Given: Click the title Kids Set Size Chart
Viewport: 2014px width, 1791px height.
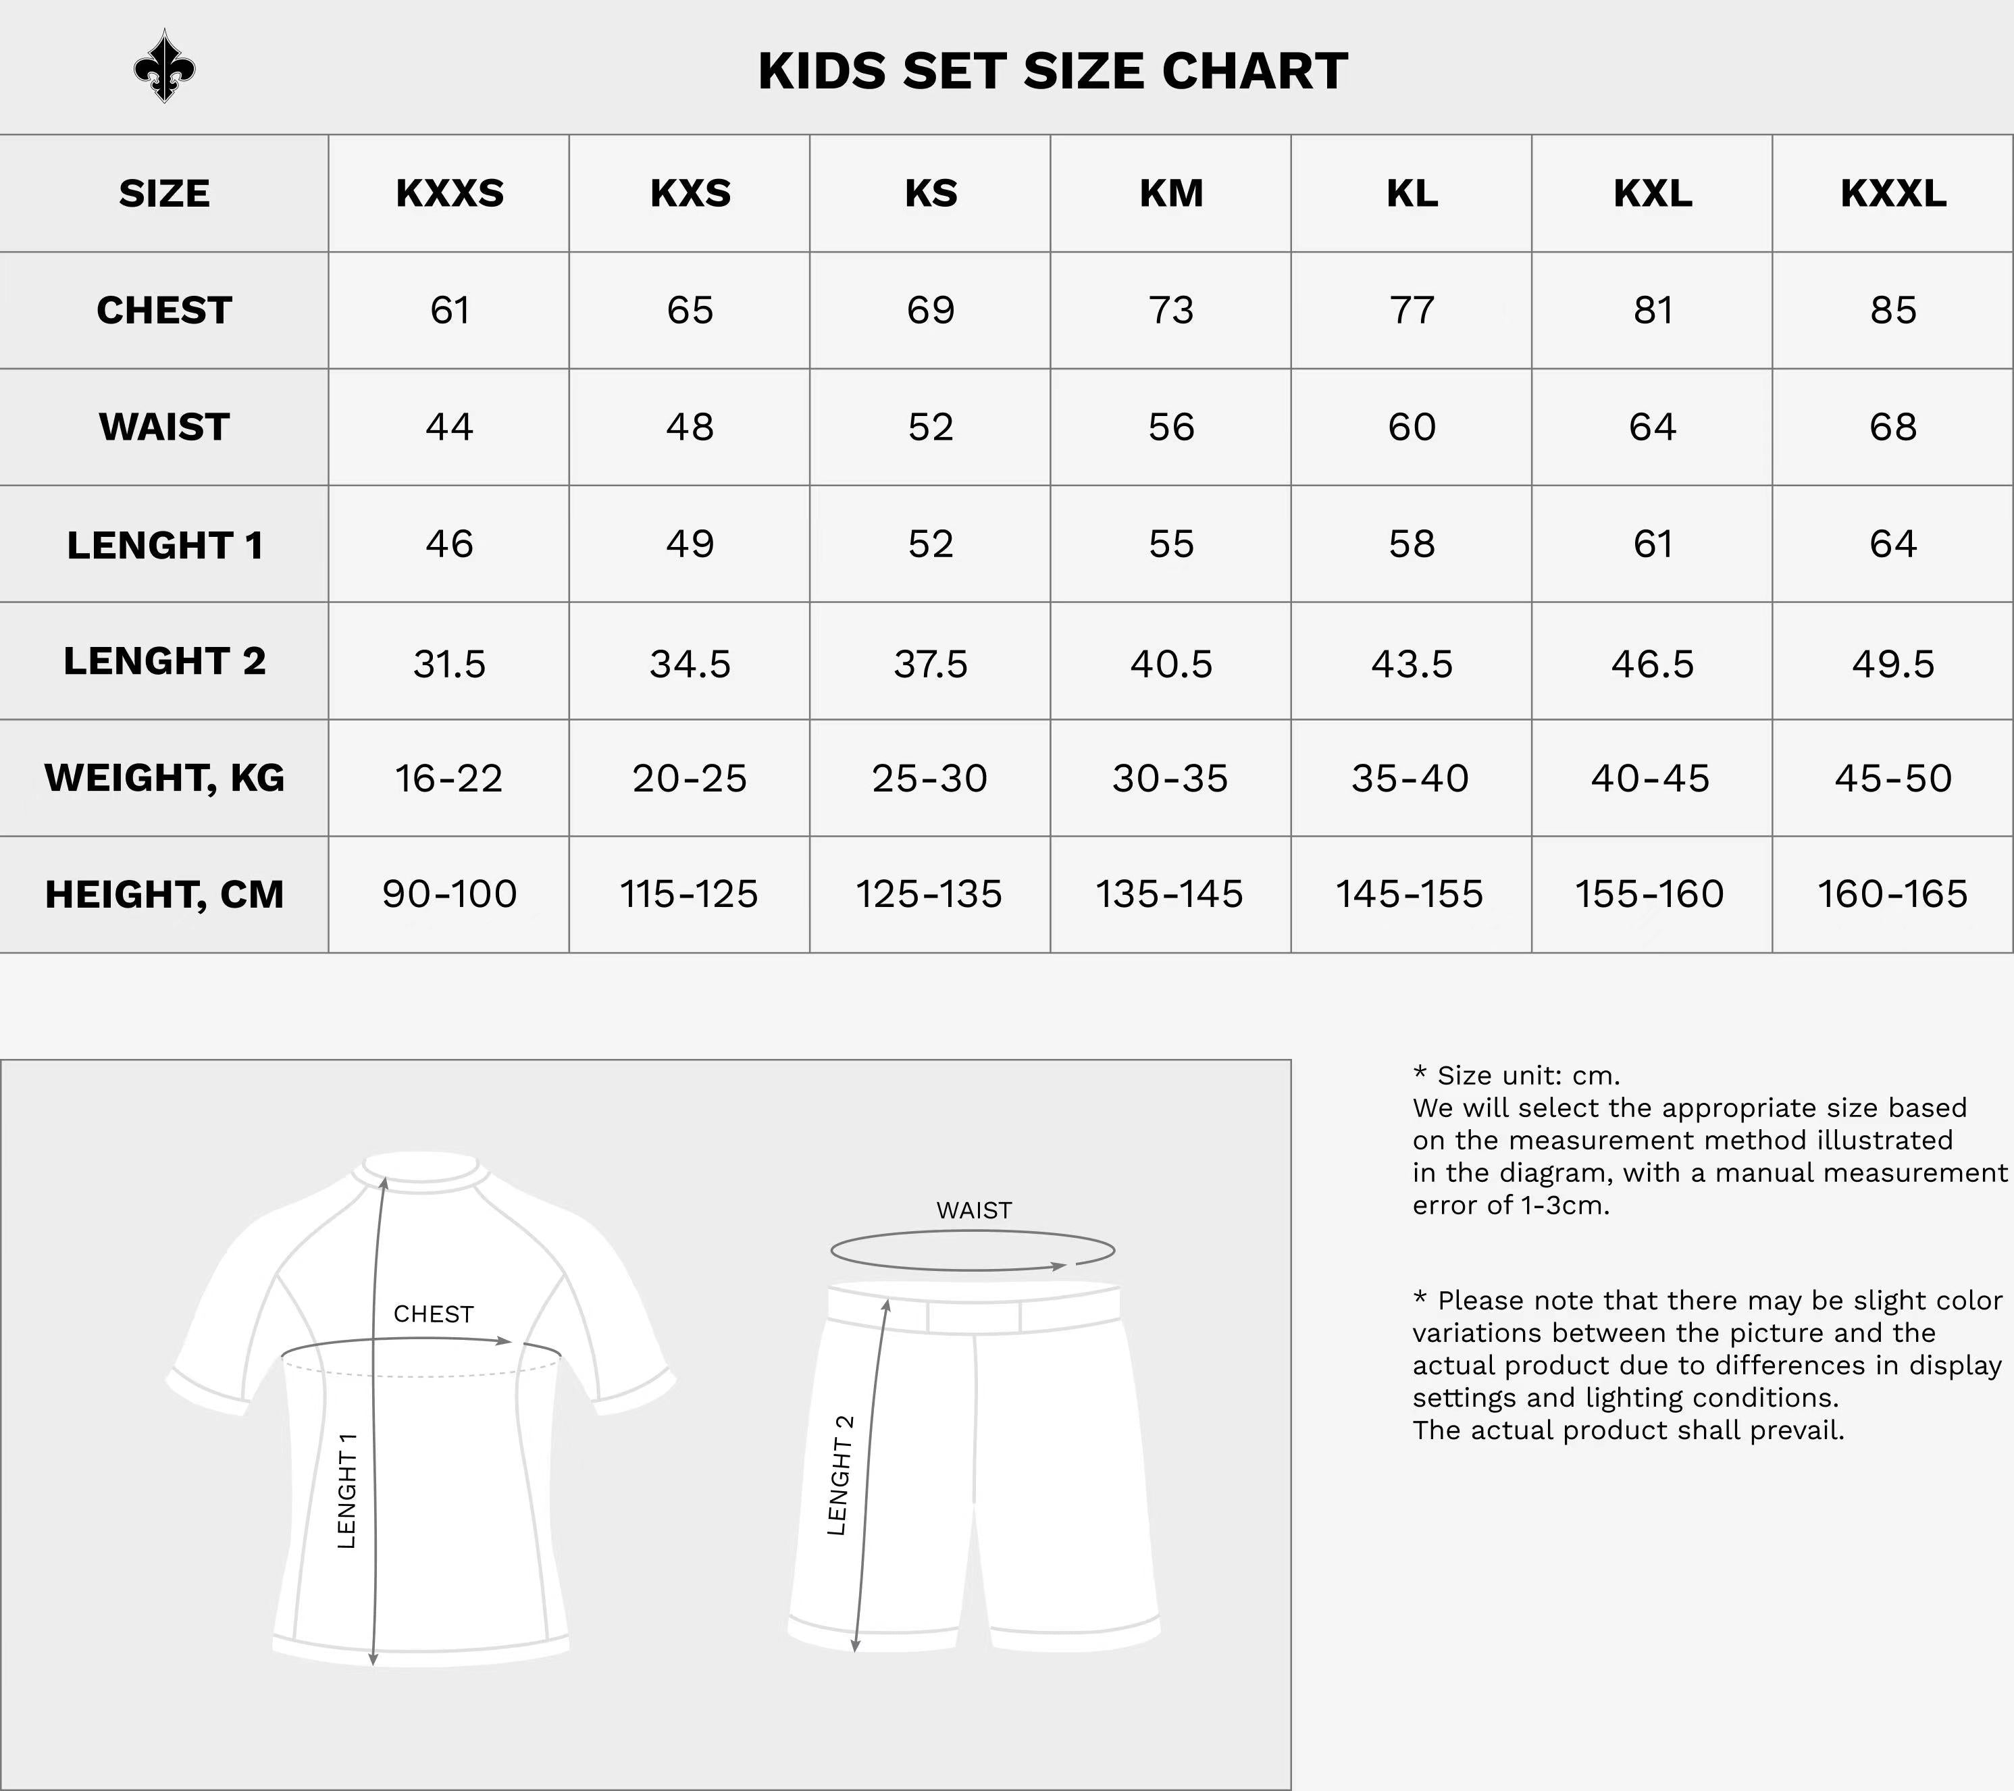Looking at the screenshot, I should (x=1052, y=71).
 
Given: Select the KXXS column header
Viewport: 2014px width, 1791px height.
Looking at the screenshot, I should (x=449, y=193).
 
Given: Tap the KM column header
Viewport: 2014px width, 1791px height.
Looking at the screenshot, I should (x=1170, y=193).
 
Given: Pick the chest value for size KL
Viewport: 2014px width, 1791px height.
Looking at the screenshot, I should (x=1411, y=311).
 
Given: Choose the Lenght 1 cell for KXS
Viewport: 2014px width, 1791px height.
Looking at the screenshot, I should (x=690, y=544).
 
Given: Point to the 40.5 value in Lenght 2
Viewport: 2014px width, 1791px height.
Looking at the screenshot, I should (x=1170, y=664).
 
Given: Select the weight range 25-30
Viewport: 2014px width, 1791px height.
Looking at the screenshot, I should (x=929, y=778).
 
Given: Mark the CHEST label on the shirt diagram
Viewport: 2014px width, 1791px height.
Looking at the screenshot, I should (x=434, y=1314).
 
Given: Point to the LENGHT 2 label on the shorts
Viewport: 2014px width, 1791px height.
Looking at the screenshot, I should (x=840, y=1475).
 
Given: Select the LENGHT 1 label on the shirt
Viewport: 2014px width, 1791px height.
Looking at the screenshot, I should (x=347, y=1490).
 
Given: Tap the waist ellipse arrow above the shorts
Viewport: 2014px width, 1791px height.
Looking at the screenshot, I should (x=973, y=1251).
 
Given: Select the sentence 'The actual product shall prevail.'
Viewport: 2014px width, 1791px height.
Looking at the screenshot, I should (x=1628, y=1430).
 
